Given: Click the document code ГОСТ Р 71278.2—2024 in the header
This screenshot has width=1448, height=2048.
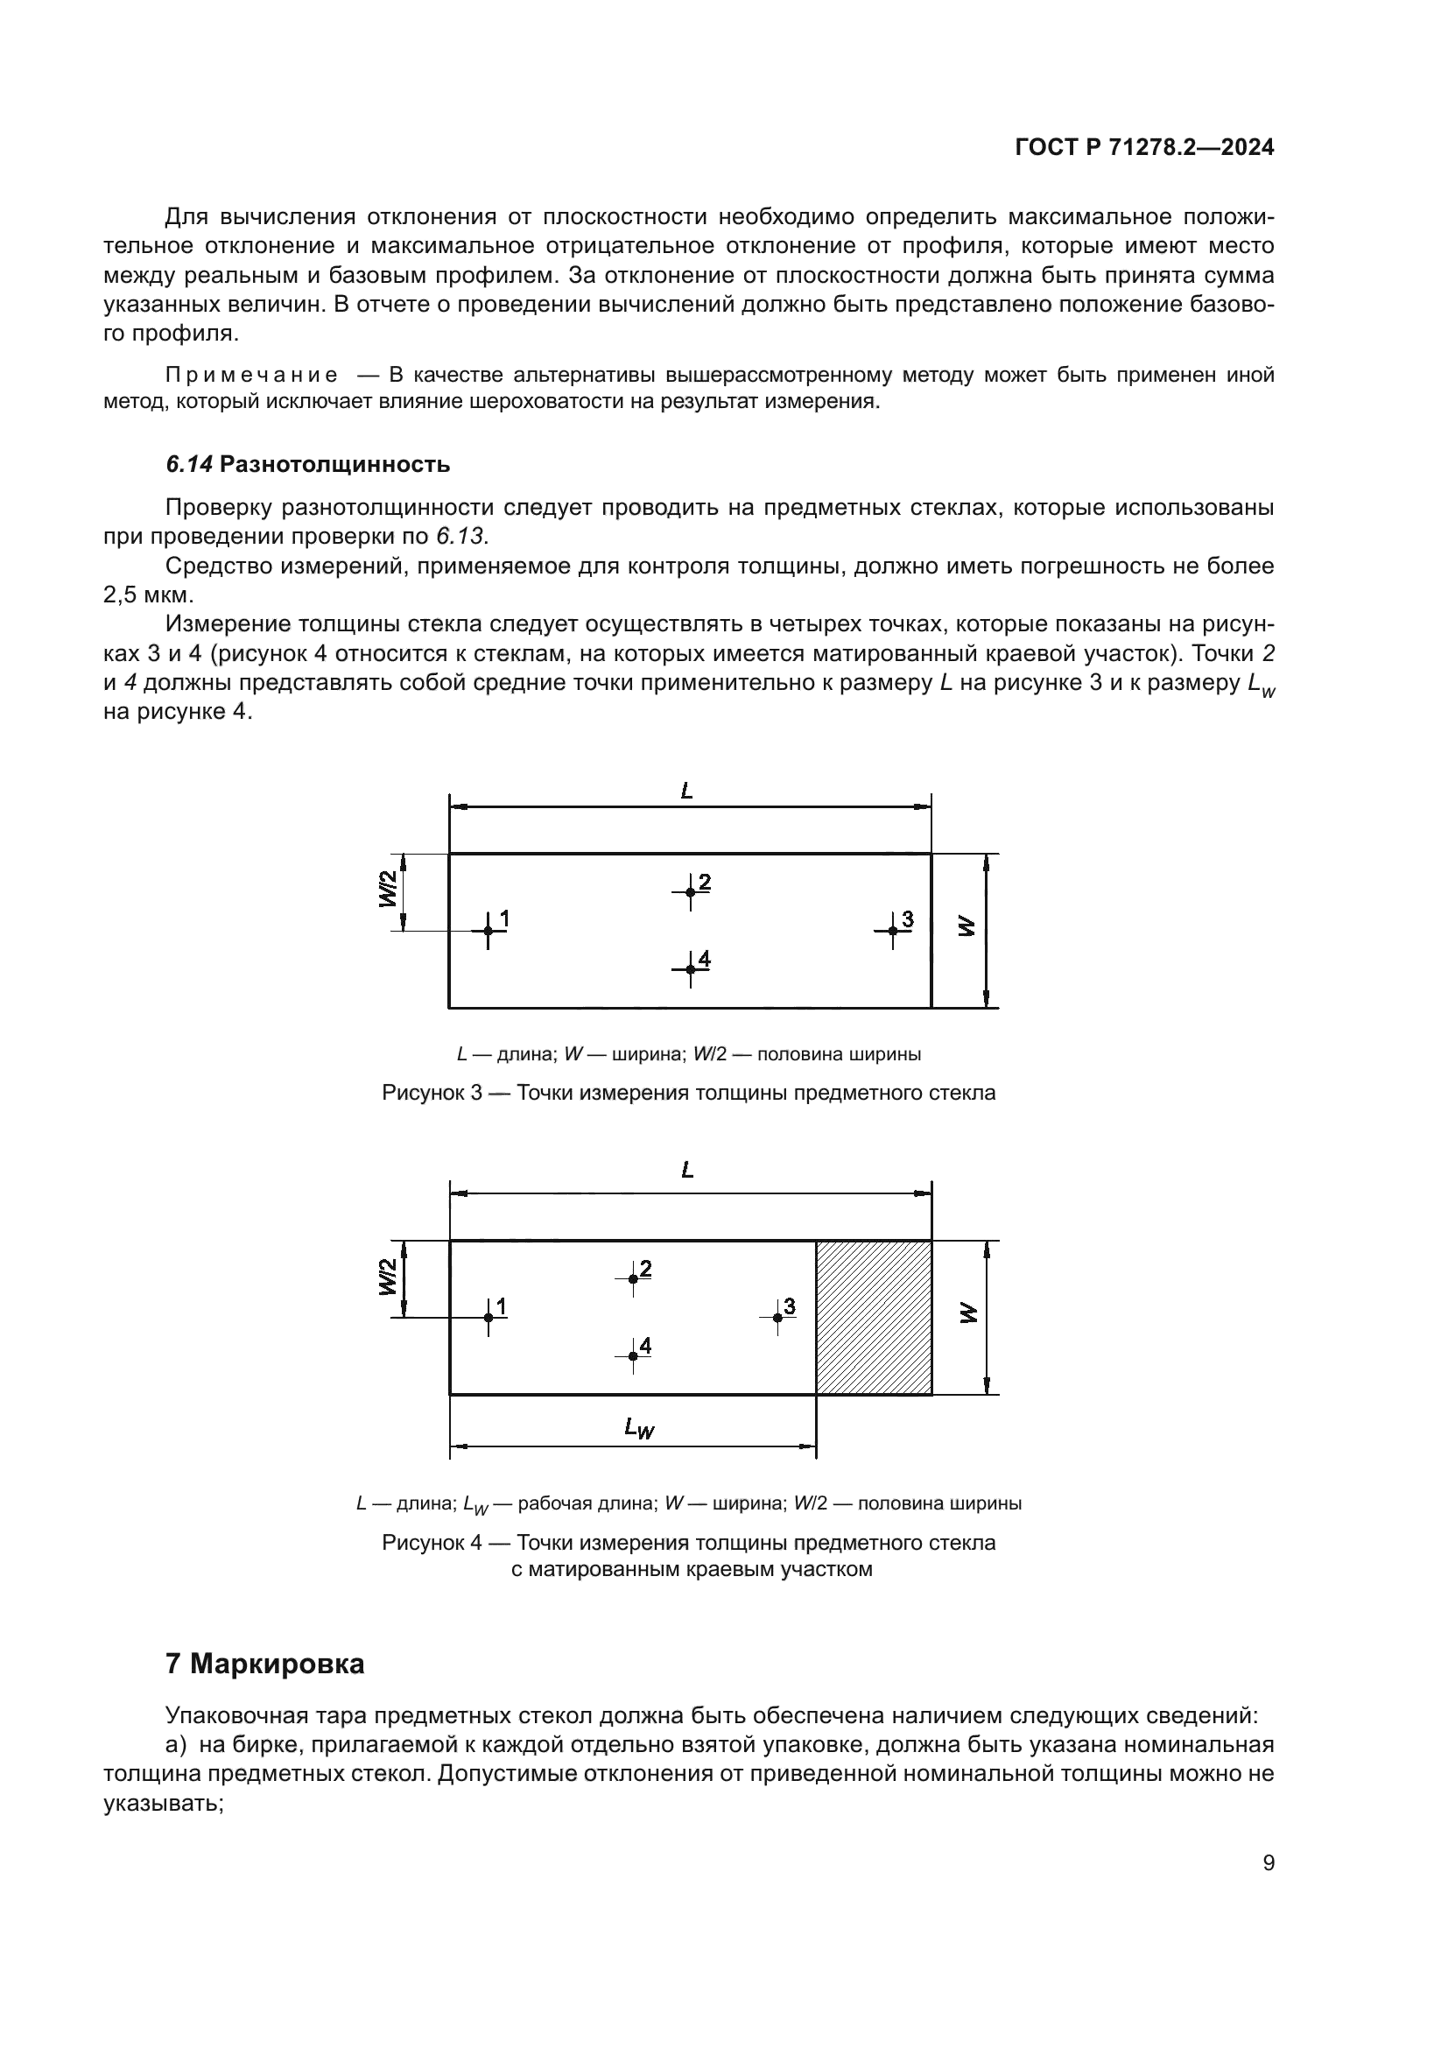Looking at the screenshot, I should point(1144,148).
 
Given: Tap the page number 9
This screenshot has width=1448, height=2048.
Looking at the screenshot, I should point(1269,1862).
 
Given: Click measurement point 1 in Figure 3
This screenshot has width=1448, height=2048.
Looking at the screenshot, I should point(488,931).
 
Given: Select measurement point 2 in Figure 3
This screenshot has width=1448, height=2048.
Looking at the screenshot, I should point(690,892).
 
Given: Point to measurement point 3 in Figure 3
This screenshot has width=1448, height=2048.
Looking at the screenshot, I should point(892,931).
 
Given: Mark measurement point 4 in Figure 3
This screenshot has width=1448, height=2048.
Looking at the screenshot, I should point(690,968).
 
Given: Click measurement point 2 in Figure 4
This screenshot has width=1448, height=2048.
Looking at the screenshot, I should point(633,1278).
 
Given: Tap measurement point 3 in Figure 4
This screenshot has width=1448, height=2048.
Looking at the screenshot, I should point(777,1318).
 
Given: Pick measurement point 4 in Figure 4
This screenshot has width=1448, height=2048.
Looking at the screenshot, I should point(633,1355).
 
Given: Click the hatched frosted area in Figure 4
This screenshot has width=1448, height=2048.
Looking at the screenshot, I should point(874,1318).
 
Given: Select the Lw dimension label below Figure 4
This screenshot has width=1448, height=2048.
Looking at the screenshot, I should point(639,1428).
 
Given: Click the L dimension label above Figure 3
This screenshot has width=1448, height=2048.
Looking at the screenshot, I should point(686,791).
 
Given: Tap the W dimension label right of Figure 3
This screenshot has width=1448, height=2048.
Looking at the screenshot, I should point(967,926).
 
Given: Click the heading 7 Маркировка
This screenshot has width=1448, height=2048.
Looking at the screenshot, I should point(264,1664).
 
